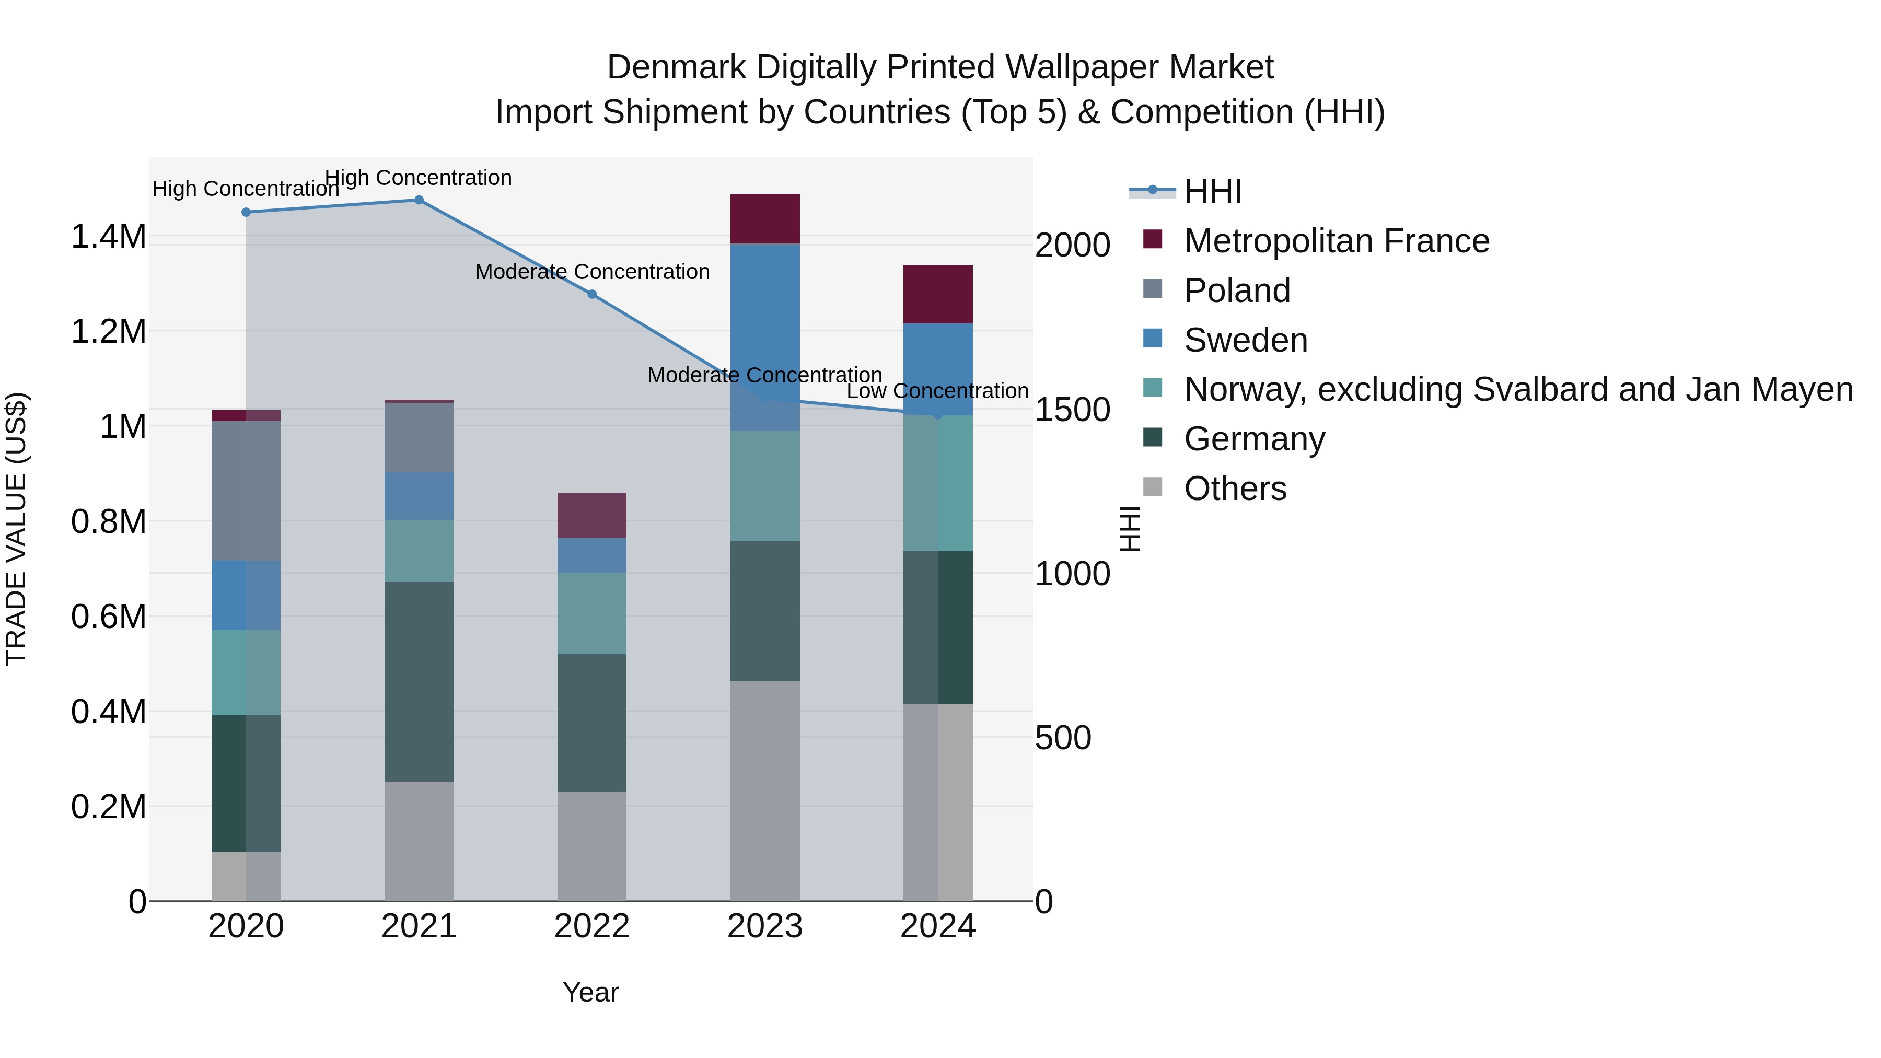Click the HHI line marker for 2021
coord(419,200)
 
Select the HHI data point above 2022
coord(591,294)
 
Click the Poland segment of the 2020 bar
coord(246,491)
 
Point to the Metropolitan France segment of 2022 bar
coord(591,516)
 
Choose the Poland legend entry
coord(1236,290)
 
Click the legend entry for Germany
coord(1254,439)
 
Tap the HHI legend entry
coord(1212,191)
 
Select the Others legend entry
coord(1234,489)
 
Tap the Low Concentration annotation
coord(937,391)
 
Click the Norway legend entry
coord(1517,389)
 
